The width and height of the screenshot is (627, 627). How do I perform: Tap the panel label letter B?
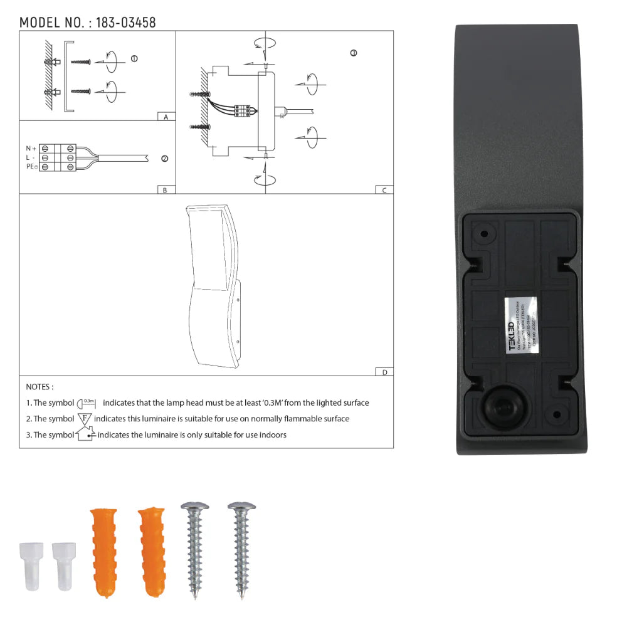165,190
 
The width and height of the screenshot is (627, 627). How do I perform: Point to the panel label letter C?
384,190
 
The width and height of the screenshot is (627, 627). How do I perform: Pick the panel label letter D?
384,372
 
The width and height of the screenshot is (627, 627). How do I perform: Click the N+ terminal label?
31,148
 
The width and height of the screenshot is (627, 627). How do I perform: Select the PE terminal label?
31,167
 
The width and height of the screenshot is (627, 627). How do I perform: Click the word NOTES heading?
40,387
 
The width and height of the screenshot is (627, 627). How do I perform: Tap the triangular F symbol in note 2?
85,418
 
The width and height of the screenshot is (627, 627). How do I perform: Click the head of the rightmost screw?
241,505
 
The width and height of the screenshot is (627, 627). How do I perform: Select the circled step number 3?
354,53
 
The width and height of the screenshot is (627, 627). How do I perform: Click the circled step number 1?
134,59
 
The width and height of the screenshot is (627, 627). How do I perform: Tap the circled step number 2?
165,159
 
